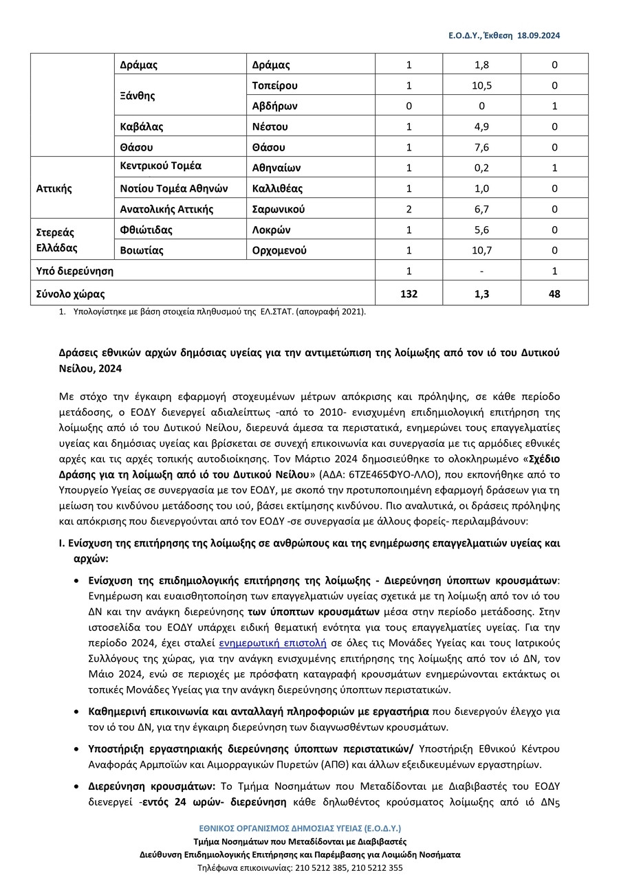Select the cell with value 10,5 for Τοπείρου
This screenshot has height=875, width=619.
[481, 86]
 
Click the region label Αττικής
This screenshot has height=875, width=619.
[54, 188]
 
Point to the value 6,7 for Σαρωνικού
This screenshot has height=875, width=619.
[481, 209]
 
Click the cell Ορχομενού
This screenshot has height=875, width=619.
[279, 250]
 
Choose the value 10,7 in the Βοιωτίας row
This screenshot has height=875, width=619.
[481, 250]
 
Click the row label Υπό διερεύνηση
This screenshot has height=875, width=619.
[74, 271]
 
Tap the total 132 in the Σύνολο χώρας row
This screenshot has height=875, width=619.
[409, 294]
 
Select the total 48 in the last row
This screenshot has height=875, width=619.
[554, 294]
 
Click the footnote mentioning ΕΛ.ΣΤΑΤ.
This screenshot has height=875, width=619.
[219, 311]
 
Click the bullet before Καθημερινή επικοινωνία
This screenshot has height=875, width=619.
[75, 711]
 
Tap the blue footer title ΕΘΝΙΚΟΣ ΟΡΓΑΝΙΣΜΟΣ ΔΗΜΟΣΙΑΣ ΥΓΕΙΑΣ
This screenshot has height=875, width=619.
[300, 829]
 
